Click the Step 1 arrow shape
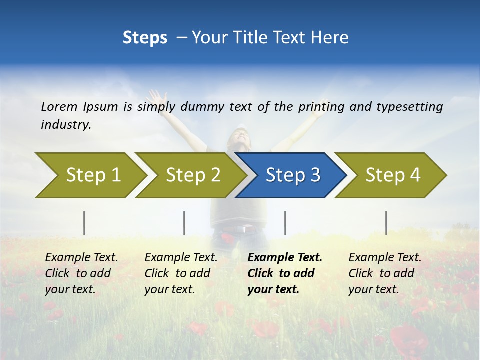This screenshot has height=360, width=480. (90, 175)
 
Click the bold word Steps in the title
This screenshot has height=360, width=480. (145, 37)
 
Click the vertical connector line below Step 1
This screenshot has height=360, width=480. (84, 223)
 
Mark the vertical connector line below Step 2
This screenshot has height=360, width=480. (184, 223)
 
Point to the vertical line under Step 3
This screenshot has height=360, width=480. (285, 223)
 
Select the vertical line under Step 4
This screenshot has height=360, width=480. (386, 223)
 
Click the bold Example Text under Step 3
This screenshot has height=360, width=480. (285, 258)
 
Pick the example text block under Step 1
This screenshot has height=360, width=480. (81, 273)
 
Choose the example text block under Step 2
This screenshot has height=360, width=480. (181, 273)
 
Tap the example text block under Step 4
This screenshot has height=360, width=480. (385, 273)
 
